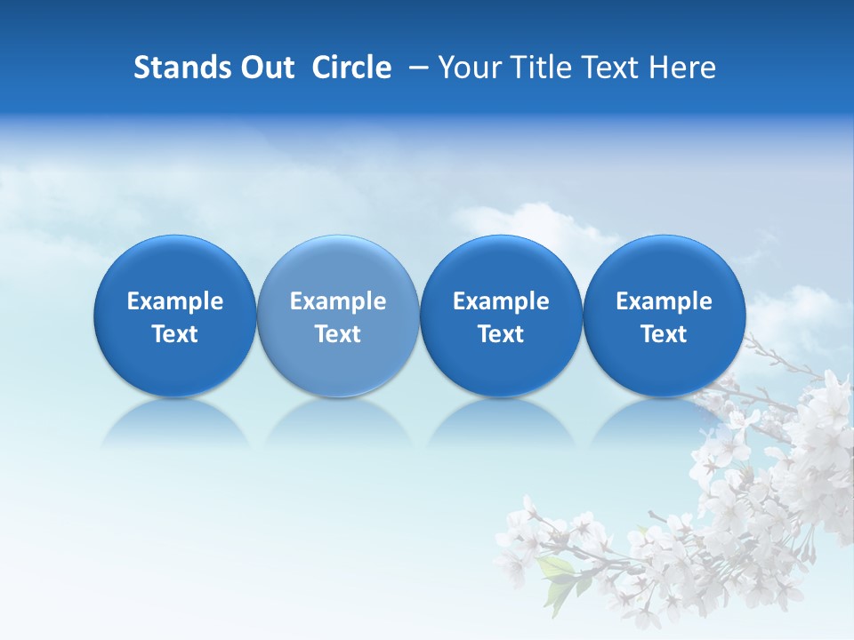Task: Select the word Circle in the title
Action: pos(351,68)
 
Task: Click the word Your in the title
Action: pos(467,68)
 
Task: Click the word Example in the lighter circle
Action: pos(338,301)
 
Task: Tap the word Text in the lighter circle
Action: pos(338,334)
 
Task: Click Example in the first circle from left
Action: pos(175,301)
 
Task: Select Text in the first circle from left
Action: pos(175,334)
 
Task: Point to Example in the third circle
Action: pos(501,301)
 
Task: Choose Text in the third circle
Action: pos(501,334)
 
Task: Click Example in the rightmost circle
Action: pos(664,301)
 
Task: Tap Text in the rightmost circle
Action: pos(664,334)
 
